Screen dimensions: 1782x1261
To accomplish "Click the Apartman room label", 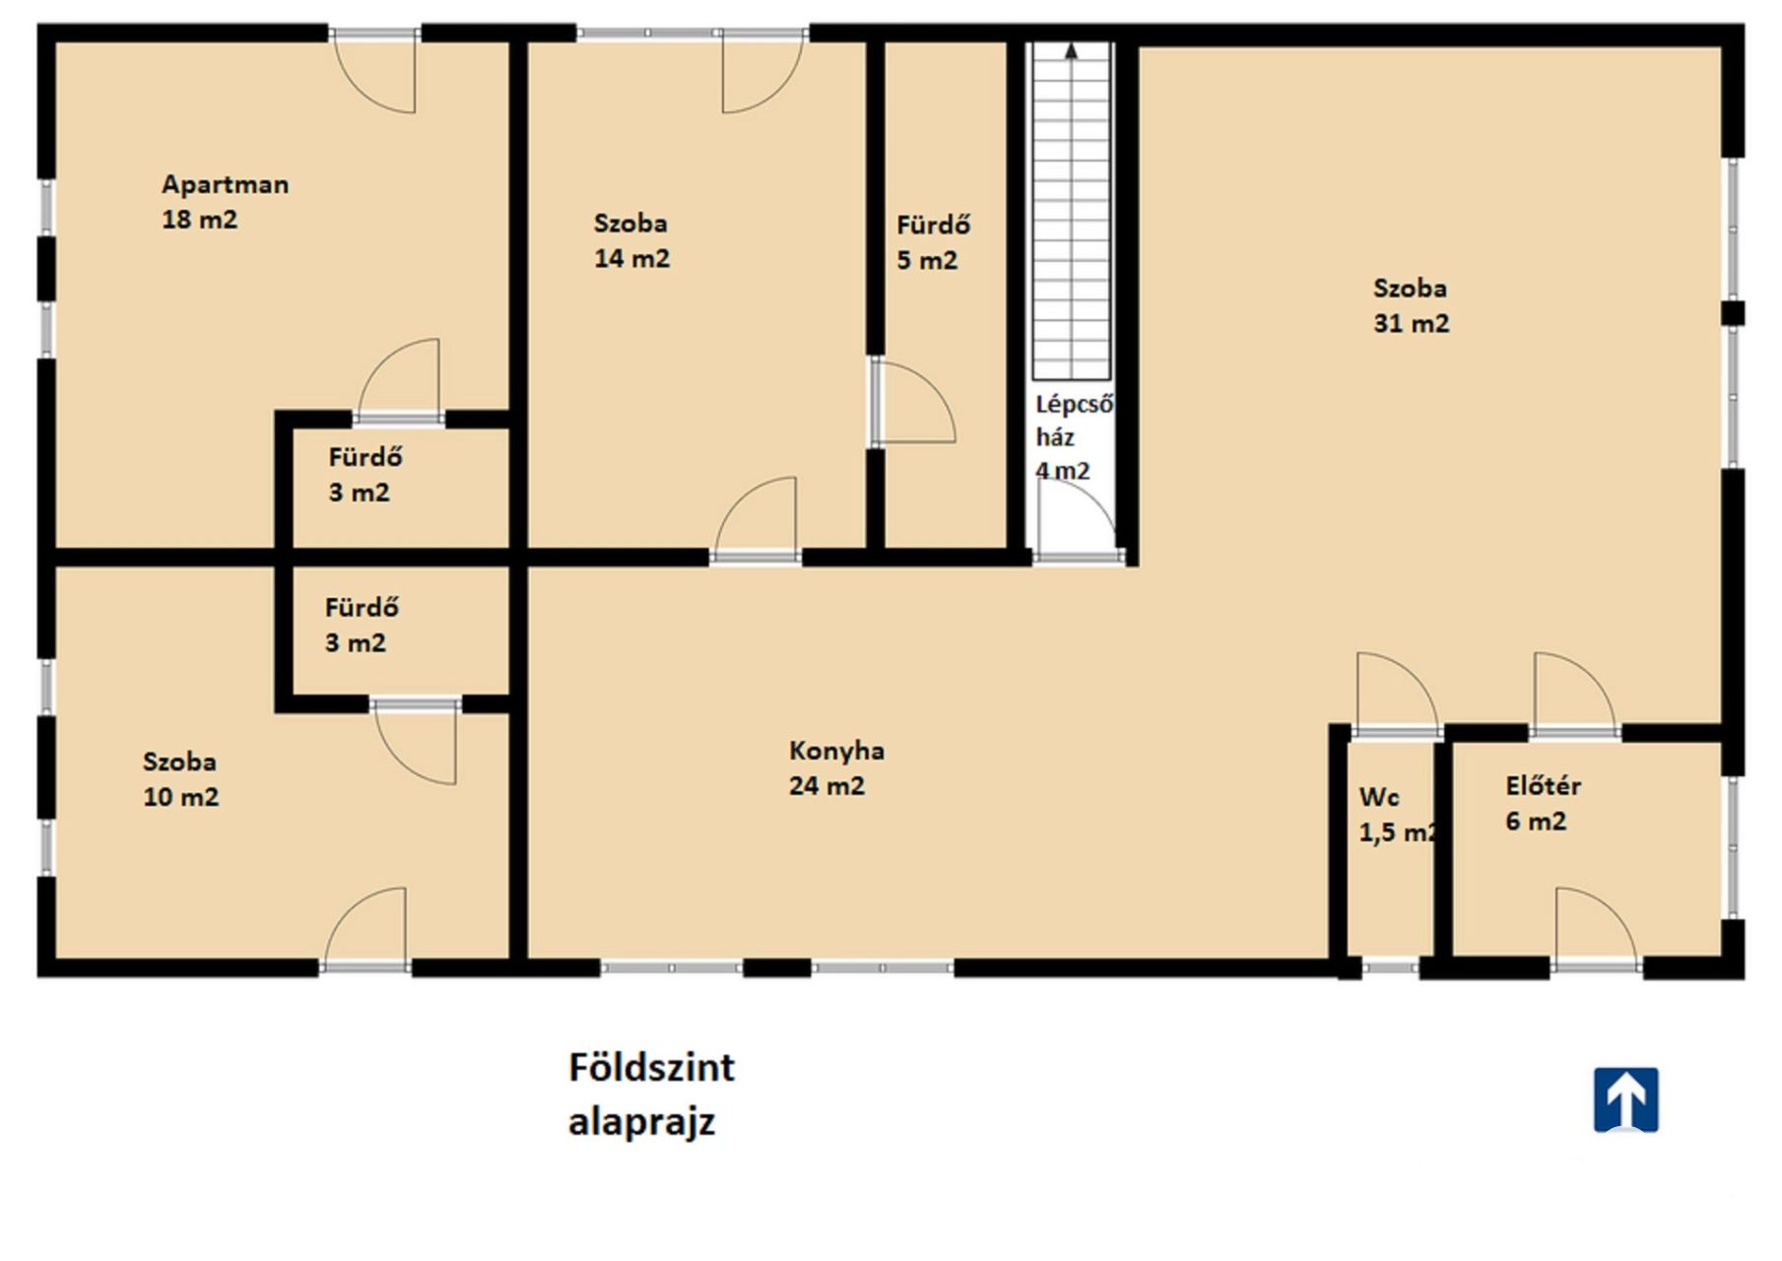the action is point(226,185).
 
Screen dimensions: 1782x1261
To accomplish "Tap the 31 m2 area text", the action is point(1412,323).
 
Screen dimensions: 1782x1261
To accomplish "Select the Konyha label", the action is point(836,752).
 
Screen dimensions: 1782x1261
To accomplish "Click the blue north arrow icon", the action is point(1626,1099).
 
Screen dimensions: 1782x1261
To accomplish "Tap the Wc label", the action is point(1379,797).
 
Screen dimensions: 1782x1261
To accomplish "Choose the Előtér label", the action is point(1543,786).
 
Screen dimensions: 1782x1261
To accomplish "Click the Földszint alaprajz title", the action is point(651,1094).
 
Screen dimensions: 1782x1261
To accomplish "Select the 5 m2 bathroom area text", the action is point(927,260).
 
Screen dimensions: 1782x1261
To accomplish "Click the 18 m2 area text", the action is point(200,220).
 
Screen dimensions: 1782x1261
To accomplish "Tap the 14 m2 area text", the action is point(631,259).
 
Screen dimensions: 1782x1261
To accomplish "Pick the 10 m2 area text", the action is point(181,797).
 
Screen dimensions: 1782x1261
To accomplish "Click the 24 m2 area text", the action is point(826,786).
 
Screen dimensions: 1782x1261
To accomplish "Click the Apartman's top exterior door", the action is point(374,71).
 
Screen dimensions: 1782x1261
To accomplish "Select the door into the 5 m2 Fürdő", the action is point(913,401).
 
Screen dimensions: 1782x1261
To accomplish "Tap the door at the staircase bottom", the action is point(1077,521).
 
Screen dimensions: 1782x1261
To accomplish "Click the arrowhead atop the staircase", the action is point(1071,51).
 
